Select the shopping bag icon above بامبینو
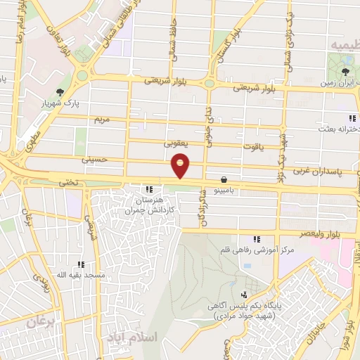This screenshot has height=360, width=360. (224, 179)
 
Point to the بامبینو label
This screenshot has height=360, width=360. (224, 190)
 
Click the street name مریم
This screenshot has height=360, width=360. (102, 120)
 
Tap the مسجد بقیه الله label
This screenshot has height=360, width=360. (82, 275)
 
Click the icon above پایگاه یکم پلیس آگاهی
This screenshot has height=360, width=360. (244, 295)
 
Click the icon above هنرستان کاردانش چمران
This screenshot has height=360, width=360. (148, 189)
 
